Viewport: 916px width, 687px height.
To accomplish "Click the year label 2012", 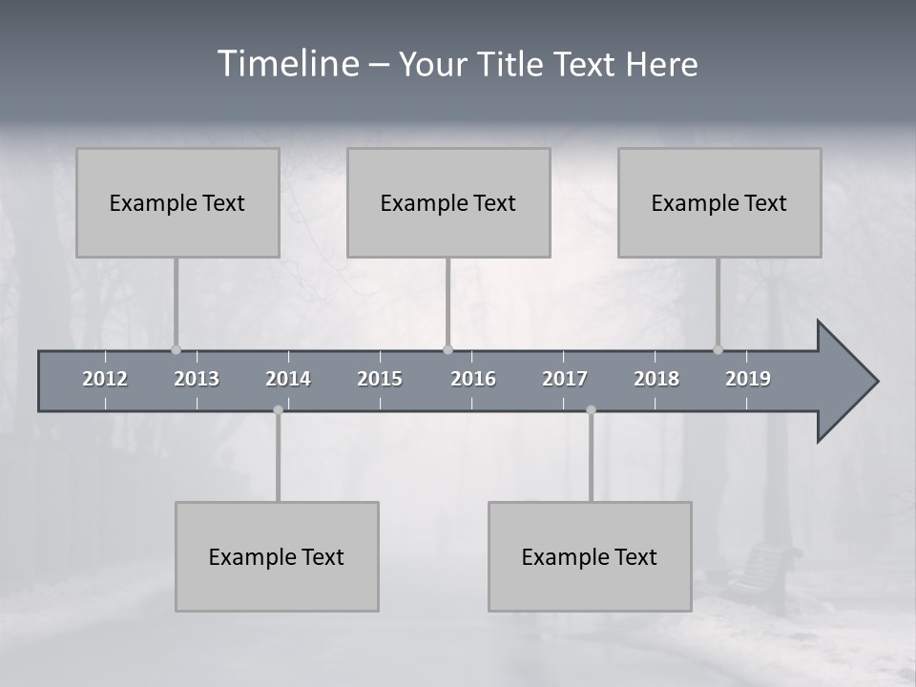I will [105, 379].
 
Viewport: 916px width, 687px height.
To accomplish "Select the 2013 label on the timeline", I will [197, 379].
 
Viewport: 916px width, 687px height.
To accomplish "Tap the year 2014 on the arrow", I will [288, 379].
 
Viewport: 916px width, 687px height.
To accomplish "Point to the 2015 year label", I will [380, 379].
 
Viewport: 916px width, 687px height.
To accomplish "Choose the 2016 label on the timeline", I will [473, 379].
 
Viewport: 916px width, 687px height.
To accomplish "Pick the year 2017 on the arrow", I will [565, 379].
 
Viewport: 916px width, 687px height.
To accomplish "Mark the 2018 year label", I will [656, 379].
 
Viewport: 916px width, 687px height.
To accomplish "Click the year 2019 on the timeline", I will [748, 379].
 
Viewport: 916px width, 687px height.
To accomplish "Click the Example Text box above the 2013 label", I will [177, 202].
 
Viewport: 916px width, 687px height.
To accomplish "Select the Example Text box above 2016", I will [448, 202].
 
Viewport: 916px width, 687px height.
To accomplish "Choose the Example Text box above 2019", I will [719, 202].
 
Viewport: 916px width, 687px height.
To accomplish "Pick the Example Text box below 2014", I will [277, 556].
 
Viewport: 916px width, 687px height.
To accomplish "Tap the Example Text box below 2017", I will [590, 556].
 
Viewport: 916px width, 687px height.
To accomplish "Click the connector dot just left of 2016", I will [448, 350].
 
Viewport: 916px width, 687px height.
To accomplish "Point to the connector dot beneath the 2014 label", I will [278, 409].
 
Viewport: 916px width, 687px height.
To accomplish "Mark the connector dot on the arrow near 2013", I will [176, 350].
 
